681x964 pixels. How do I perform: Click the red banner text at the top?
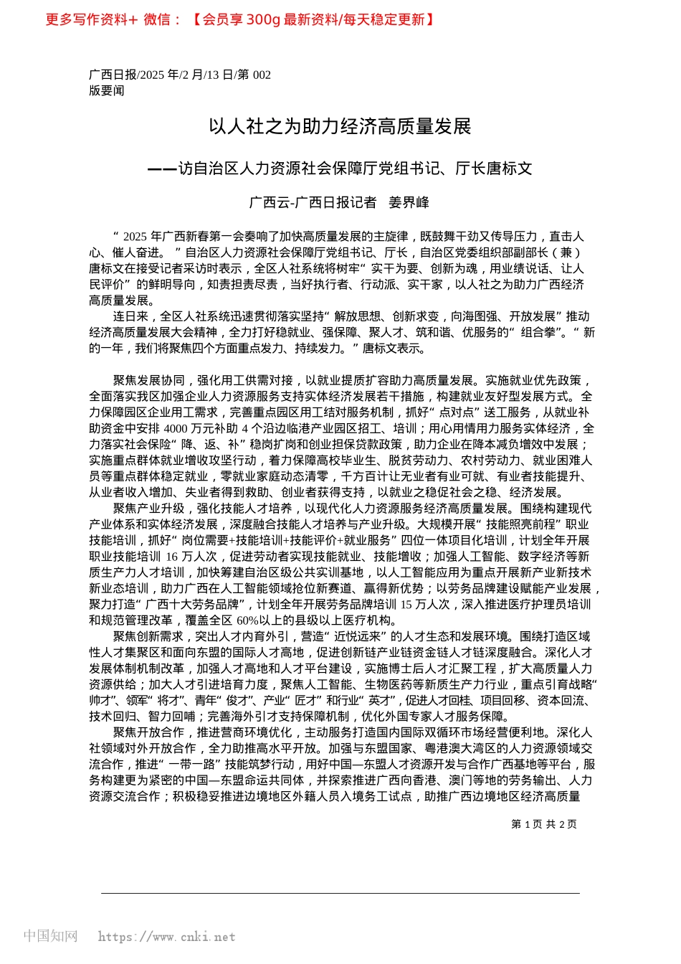click(240, 19)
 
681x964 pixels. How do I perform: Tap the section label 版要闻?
click(106, 90)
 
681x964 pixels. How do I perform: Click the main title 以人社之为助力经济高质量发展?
click(340, 127)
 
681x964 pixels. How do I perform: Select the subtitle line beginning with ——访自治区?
click(340, 169)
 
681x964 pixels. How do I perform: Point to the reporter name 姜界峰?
click(409, 203)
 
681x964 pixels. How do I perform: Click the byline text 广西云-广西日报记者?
click(313, 203)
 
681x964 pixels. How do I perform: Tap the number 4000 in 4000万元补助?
click(175, 428)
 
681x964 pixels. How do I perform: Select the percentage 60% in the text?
click(247, 620)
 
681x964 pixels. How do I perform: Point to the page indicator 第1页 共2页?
click(543, 824)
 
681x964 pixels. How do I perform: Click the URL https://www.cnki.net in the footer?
click(166, 937)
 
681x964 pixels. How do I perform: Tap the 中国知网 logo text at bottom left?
click(50, 936)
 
